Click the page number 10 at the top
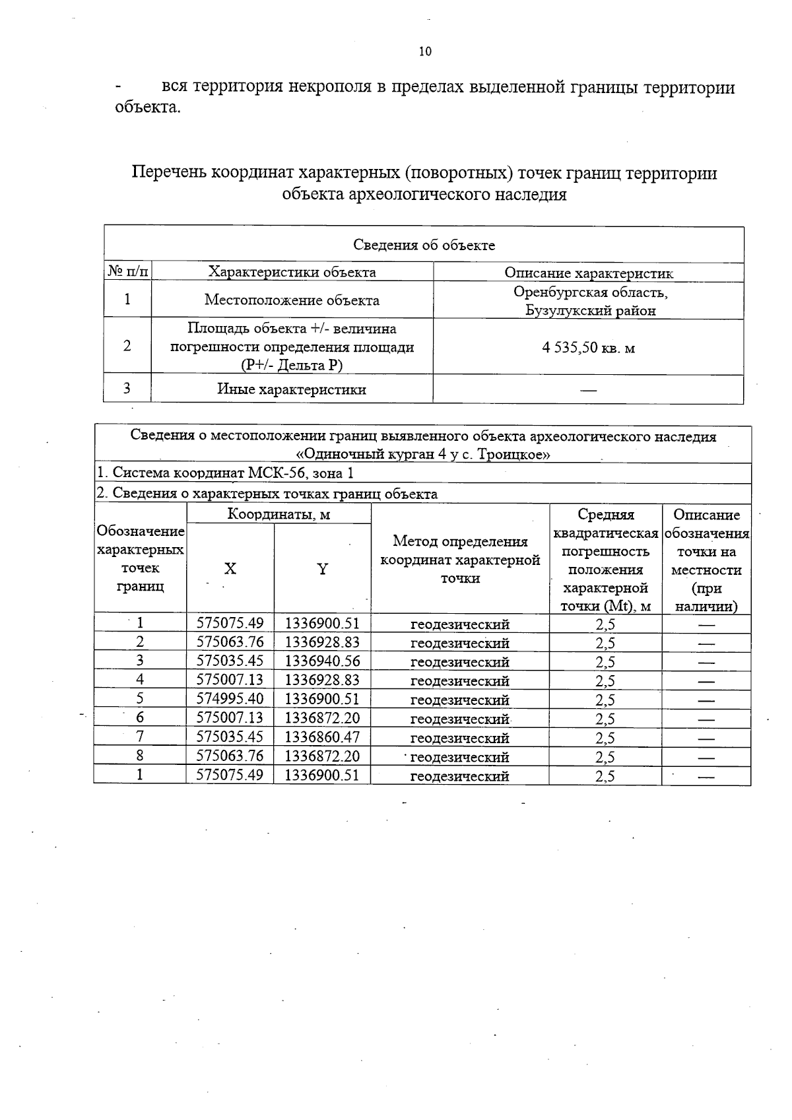425,51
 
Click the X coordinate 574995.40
230,699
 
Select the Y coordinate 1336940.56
322,661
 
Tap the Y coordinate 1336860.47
322,737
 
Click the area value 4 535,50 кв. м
588,347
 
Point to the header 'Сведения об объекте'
424,246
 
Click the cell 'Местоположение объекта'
292,300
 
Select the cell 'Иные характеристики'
292,389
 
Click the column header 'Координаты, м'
279,514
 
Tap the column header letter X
230,569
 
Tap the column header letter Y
322,569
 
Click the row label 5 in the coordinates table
140,699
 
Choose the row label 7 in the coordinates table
140,737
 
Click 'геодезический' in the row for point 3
459,661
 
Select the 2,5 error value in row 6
605,718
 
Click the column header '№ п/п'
127,272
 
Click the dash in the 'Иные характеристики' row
588,390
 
